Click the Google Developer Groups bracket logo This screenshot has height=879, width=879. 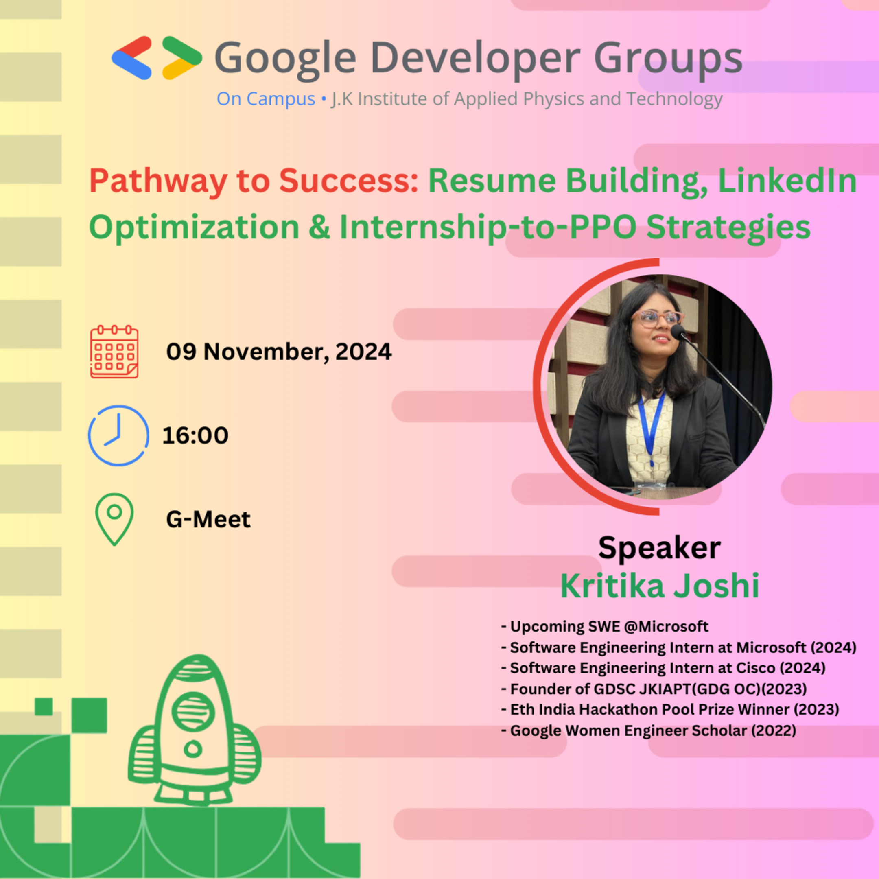157,58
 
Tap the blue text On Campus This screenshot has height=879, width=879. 266,99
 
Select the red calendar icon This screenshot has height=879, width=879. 114,352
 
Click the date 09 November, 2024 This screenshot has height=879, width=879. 278,352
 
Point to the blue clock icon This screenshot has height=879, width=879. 118,435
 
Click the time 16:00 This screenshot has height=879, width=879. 195,435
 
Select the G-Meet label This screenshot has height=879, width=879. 208,519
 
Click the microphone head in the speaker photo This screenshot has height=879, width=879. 677,331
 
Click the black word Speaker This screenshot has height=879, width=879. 659,547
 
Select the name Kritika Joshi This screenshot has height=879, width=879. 659,586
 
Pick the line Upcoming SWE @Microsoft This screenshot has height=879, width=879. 605,627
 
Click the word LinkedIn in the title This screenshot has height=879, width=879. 787,181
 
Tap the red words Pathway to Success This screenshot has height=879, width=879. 254,181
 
